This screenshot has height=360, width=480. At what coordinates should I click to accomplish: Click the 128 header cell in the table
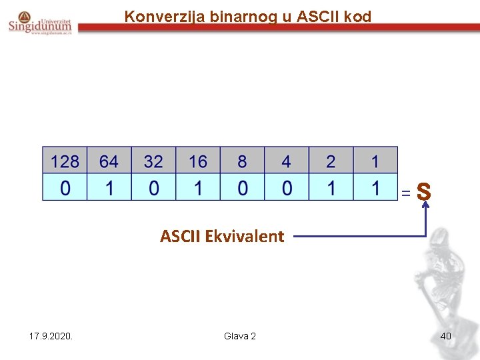tap(65, 161)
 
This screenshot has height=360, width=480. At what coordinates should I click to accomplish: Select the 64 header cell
tap(109, 161)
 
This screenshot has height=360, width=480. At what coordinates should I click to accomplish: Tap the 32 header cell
tap(153, 161)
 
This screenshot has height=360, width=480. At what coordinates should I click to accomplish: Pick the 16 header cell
tap(198, 161)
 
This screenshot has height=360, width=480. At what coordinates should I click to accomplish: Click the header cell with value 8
tap(242, 161)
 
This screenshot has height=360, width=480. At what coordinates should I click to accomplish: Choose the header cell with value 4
tap(287, 161)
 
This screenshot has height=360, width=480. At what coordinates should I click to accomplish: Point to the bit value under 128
tap(65, 188)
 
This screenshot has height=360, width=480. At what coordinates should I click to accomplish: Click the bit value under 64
tap(109, 188)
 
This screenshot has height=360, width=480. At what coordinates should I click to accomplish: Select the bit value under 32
tap(153, 188)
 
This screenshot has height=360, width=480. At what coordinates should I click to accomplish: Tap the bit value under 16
tap(198, 188)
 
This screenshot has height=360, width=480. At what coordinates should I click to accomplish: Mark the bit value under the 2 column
tap(331, 188)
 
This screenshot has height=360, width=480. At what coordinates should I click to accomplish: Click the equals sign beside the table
tap(405, 193)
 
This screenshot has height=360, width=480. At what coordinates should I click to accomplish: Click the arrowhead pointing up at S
tap(425, 206)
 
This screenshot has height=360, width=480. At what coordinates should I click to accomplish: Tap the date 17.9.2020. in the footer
tap(51, 336)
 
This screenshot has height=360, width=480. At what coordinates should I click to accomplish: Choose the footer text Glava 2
tap(240, 336)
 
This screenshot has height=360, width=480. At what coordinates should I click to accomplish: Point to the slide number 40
tap(445, 336)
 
